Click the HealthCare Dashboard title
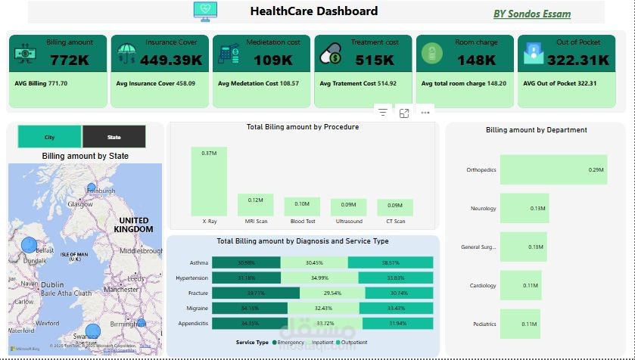tap(313, 11)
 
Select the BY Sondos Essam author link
tap(532, 14)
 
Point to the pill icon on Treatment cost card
tap(331, 55)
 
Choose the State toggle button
tap(114, 137)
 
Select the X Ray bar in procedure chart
tap(208, 181)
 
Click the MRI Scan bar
tap(255, 205)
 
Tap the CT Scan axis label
tap(395, 222)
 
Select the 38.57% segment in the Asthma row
tap(391, 262)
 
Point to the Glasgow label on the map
tap(79, 204)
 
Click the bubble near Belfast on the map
tap(29, 245)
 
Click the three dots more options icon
tap(425, 113)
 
